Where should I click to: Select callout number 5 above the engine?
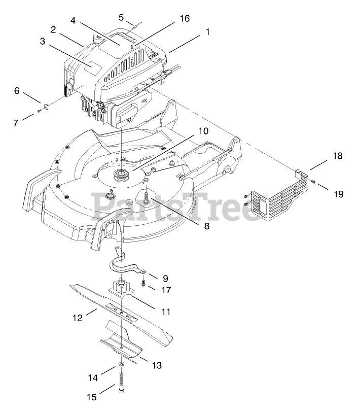point(121,17)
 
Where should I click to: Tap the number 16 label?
point(184,18)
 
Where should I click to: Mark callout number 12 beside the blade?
point(78,318)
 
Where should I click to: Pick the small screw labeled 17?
point(144,284)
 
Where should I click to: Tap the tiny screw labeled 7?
point(39,112)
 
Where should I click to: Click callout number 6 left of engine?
point(17,91)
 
